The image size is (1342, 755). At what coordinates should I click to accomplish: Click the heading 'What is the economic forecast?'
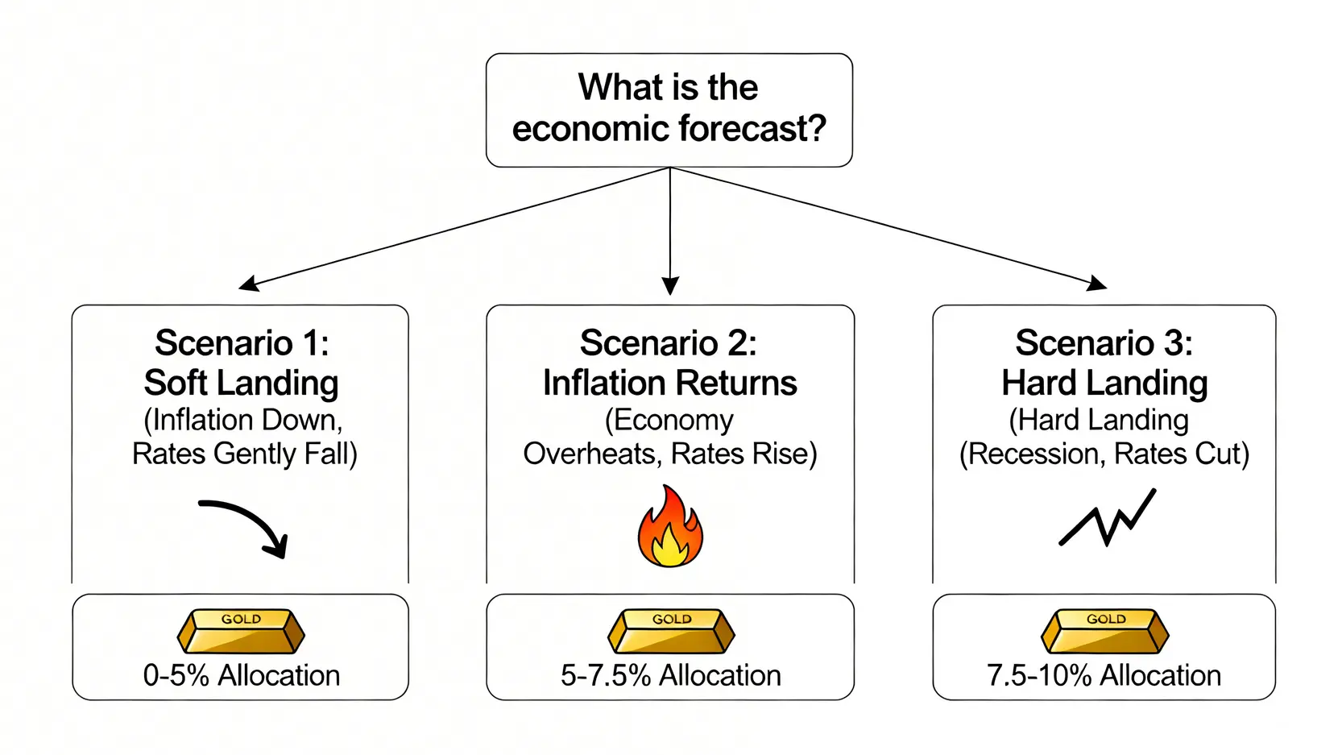tap(669, 109)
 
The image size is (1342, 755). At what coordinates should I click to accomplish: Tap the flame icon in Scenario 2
tap(670, 528)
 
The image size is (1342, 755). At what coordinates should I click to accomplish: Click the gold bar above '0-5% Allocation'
tap(241, 631)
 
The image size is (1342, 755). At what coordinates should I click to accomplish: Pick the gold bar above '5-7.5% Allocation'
tap(671, 631)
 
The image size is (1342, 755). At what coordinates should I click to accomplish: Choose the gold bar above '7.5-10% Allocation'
tap(1104, 631)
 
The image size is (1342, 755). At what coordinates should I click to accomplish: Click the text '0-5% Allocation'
tap(241, 675)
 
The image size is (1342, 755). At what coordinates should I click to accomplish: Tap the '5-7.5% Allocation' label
tap(670, 675)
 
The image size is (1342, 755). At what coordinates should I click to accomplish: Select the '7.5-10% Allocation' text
tap(1104, 675)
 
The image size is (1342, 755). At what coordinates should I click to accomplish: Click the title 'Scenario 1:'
tap(242, 343)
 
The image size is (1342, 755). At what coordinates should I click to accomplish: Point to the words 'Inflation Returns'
tap(669, 383)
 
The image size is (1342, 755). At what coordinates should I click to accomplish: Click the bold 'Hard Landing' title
tap(1104, 383)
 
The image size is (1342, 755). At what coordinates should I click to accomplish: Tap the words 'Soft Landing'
tap(241, 383)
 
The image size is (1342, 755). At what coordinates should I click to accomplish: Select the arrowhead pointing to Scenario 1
tap(247, 284)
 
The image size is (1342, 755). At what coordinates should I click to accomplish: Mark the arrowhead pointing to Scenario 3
tap(1098, 284)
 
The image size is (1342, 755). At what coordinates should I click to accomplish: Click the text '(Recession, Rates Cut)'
tap(1104, 454)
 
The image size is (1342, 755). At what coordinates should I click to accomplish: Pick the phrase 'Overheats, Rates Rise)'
tap(669, 454)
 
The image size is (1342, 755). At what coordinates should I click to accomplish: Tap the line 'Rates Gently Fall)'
tap(244, 454)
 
